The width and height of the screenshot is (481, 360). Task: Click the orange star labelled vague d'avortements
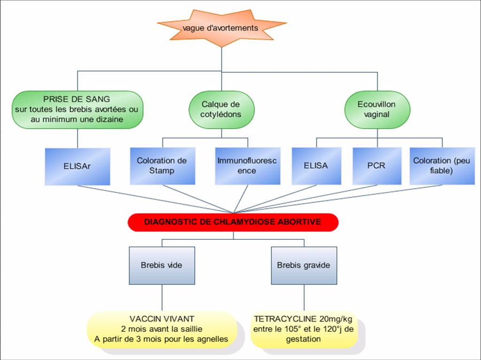tap(221, 28)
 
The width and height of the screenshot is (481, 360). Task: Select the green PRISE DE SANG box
tap(77, 109)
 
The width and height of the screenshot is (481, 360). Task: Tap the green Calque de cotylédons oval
tap(221, 109)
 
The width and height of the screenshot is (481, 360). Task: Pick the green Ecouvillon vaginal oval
tap(377, 109)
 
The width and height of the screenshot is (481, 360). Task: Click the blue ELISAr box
tap(77, 167)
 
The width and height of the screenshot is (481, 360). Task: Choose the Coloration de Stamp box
tap(162, 166)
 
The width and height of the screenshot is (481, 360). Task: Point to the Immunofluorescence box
tap(248, 166)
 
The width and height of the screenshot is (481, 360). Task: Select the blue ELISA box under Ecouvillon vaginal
tap(316, 166)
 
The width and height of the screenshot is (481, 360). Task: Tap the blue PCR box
tap(377, 166)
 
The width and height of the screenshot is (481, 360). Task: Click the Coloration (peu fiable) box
tap(442, 166)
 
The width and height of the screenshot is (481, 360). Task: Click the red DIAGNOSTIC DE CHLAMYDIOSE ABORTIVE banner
tap(233, 222)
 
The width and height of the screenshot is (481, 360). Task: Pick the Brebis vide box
tap(162, 266)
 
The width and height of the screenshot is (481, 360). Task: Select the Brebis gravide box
tap(304, 266)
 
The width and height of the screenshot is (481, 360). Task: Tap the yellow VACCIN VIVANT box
tap(162, 329)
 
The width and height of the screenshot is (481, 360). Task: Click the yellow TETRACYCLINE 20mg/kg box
tap(304, 329)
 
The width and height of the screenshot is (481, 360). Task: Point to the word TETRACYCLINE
tap(285, 319)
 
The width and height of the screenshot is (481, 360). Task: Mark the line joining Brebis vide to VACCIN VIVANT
tap(162, 298)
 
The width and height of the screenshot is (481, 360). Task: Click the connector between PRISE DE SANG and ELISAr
tap(77, 138)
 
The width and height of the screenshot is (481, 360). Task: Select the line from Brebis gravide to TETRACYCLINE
tap(304, 298)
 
